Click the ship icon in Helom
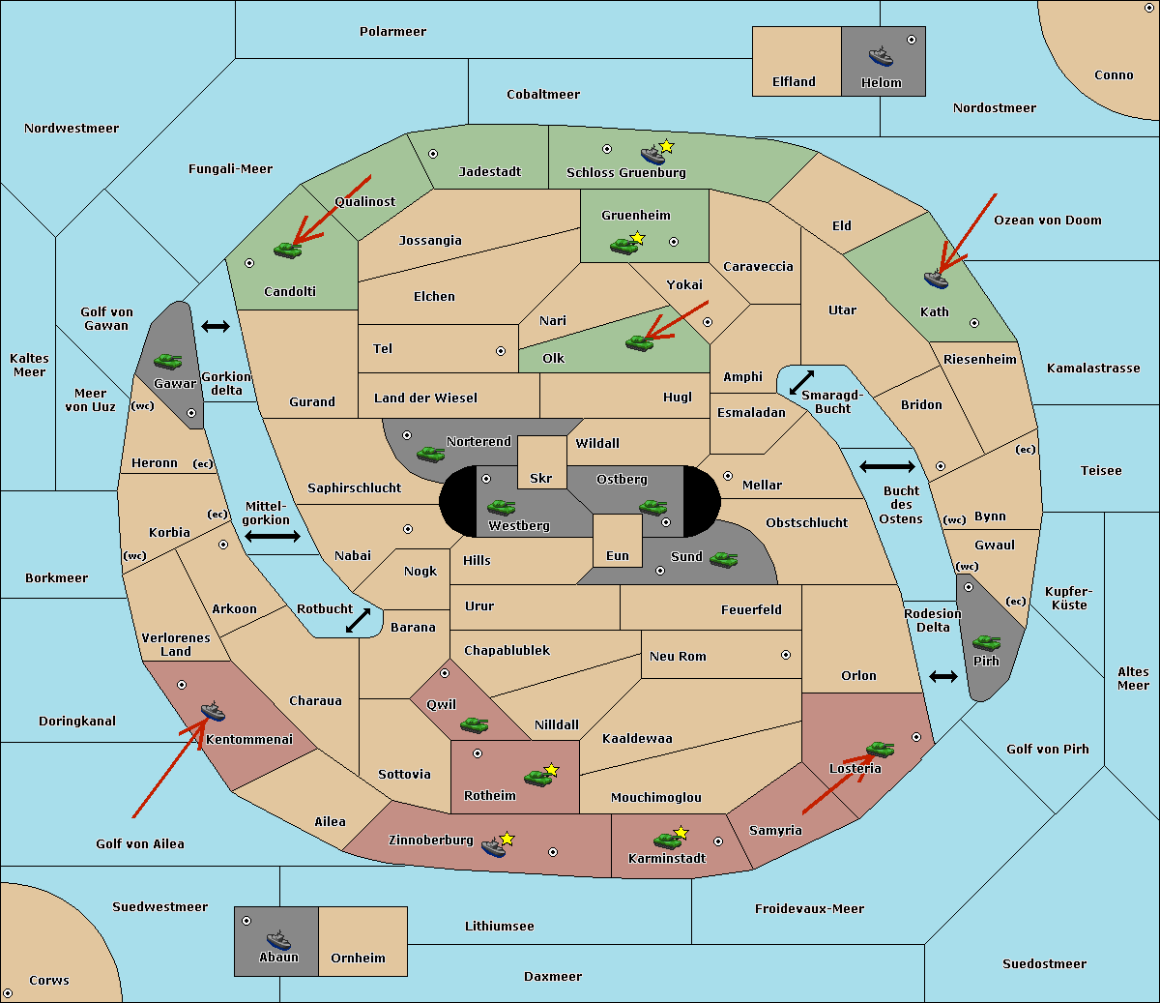(x=881, y=56)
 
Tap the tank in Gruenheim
(x=623, y=246)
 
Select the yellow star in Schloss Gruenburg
(x=666, y=146)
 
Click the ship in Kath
(x=936, y=280)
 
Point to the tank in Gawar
(x=168, y=361)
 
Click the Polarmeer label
(x=392, y=32)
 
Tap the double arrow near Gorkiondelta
(x=216, y=326)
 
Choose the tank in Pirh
(x=986, y=642)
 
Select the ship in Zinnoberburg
(x=494, y=846)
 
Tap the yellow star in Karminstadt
(x=681, y=832)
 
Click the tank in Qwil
(x=474, y=724)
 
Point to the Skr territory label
(x=541, y=478)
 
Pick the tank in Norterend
(x=430, y=454)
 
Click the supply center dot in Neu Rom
(x=786, y=655)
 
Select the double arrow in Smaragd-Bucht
(x=801, y=382)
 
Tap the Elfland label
(x=794, y=82)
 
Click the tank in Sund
(x=723, y=559)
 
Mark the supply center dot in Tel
(x=501, y=351)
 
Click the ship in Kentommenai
(x=213, y=711)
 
